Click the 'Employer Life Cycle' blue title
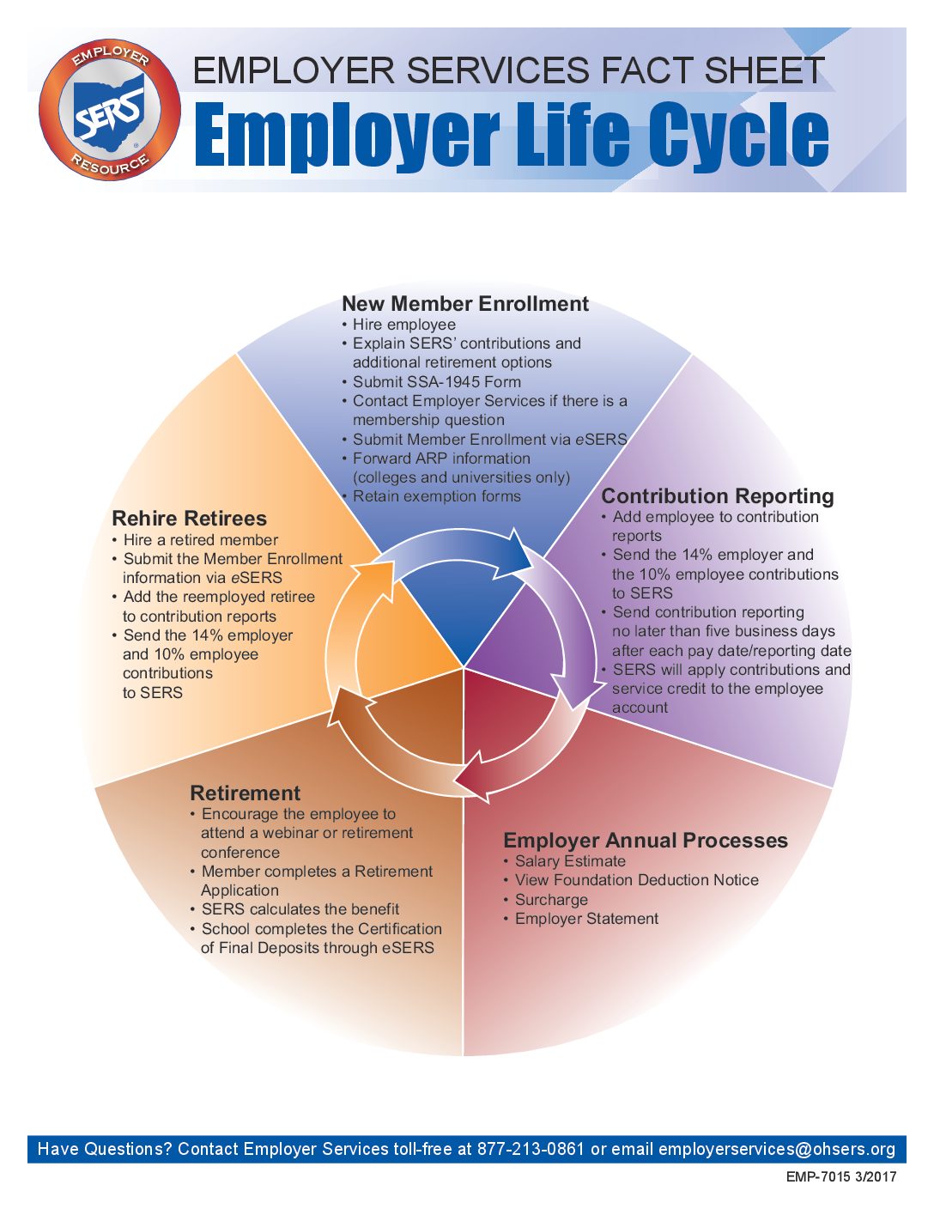(x=512, y=135)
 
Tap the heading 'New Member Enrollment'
(x=465, y=304)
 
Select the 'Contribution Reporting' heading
(x=718, y=495)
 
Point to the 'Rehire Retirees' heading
(x=189, y=518)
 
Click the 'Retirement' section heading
(x=245, y=793)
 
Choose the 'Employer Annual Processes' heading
(x=646, y=840)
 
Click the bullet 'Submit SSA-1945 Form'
(x=431, y=381)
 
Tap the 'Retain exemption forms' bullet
(x=431, y=496)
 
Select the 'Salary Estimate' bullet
(x=565, y=861)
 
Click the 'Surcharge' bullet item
(x=546, y=900)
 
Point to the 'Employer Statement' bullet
(x=581, y=919)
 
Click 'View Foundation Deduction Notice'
(x=631, y=880)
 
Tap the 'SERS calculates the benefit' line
(x=294, y=909)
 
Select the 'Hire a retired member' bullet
(x=195, y=540)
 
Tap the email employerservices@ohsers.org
(x=777, y=1149)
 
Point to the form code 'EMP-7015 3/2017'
(x=841, y=1176)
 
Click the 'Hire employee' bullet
(x=399, y=325)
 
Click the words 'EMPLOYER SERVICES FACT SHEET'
(x=508, y=70)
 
